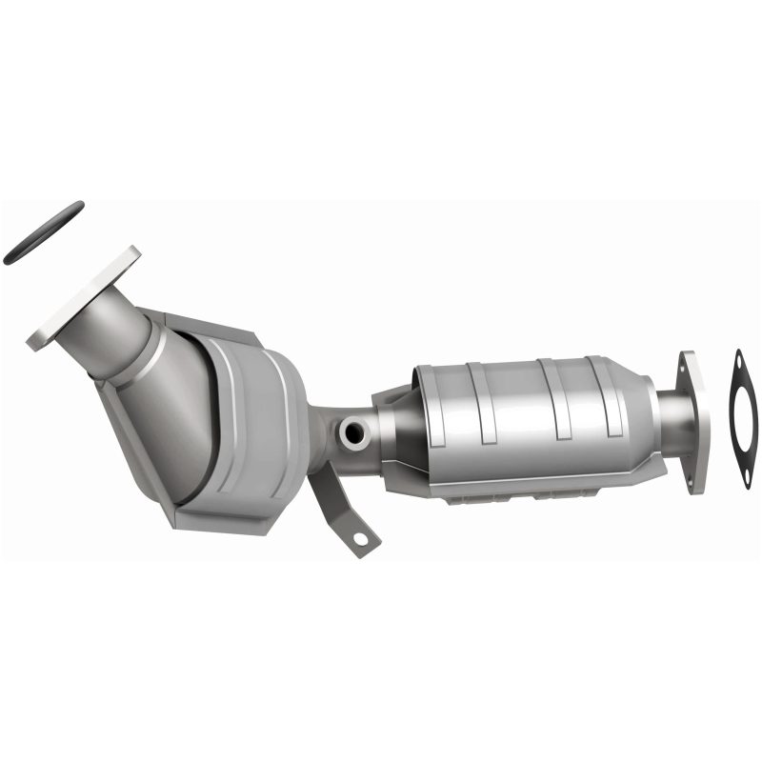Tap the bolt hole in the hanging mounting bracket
coord(361,538)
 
